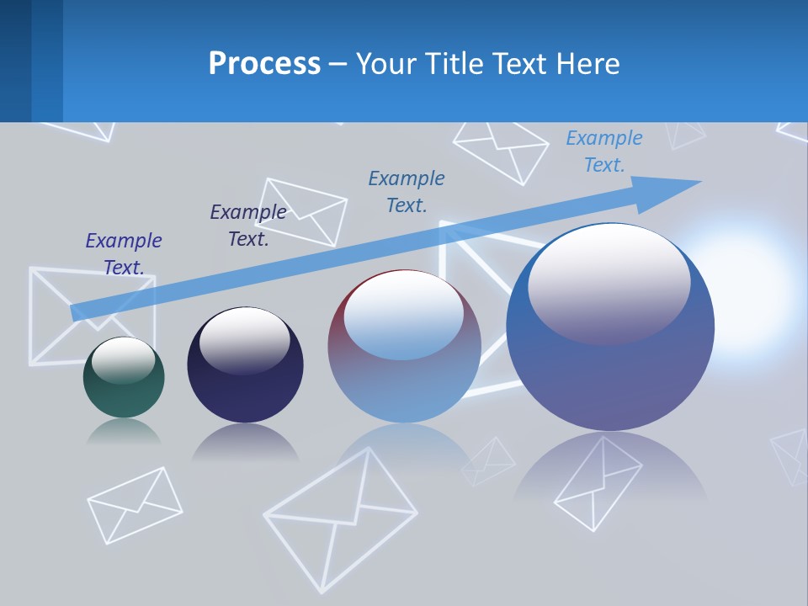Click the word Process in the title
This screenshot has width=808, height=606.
tap(264, 64)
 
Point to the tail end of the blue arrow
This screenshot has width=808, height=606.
tap(77, 312)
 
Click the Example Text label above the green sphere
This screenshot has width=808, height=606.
tap(124, 254)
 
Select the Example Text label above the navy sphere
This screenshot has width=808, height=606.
tap(248, 226)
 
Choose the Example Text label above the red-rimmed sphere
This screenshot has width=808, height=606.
tap(407, 191)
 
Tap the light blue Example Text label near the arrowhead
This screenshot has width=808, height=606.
tap(603, 151)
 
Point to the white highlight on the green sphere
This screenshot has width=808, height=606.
tap(123, 360)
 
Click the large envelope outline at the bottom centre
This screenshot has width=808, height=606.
tap(340, 518)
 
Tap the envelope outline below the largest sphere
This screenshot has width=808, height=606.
tap(598, 483)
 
